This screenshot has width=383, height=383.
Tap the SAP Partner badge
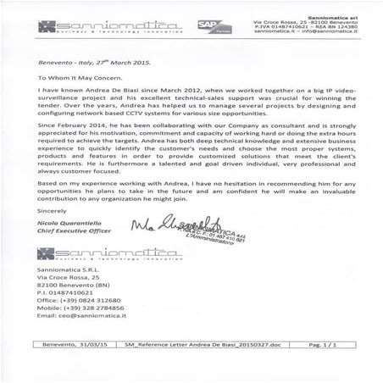pyautogui.click(x=208, y=28)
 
